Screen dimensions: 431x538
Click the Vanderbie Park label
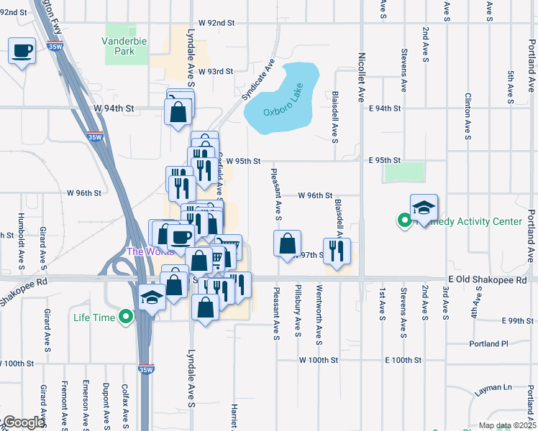(126, 47)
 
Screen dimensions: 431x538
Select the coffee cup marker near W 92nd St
(22, 51)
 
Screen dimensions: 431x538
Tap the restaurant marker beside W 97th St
(337, 251)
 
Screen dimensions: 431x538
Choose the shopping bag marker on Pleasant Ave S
(287, 244)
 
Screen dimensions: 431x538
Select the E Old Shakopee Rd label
(488, 279)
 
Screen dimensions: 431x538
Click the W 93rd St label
(216, 72)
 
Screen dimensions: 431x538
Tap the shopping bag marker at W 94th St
(178, 113)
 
